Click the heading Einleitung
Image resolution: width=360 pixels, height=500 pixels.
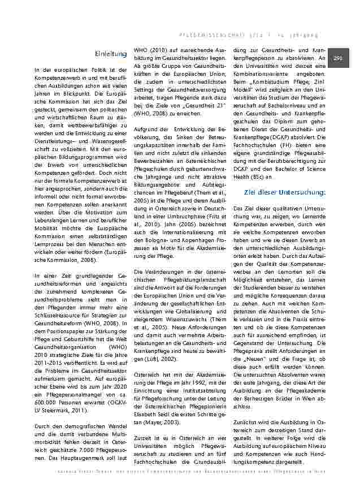111,54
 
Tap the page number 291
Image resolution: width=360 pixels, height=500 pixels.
339,59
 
